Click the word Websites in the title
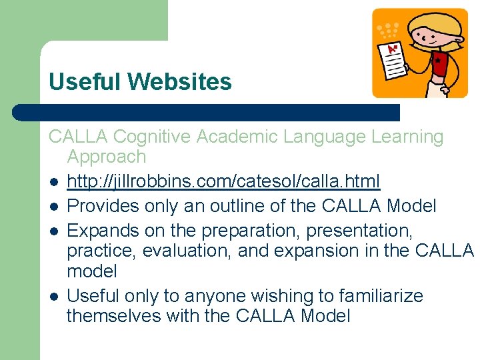click(180, 82)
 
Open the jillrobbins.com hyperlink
click(223, 181)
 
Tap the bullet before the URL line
click(53, 182)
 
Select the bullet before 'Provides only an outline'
click(53, 207)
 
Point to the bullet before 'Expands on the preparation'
click(53, 231)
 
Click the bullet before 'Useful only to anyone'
click(53, 296)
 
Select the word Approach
click(106, 157)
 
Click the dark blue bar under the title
click(207, 112)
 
